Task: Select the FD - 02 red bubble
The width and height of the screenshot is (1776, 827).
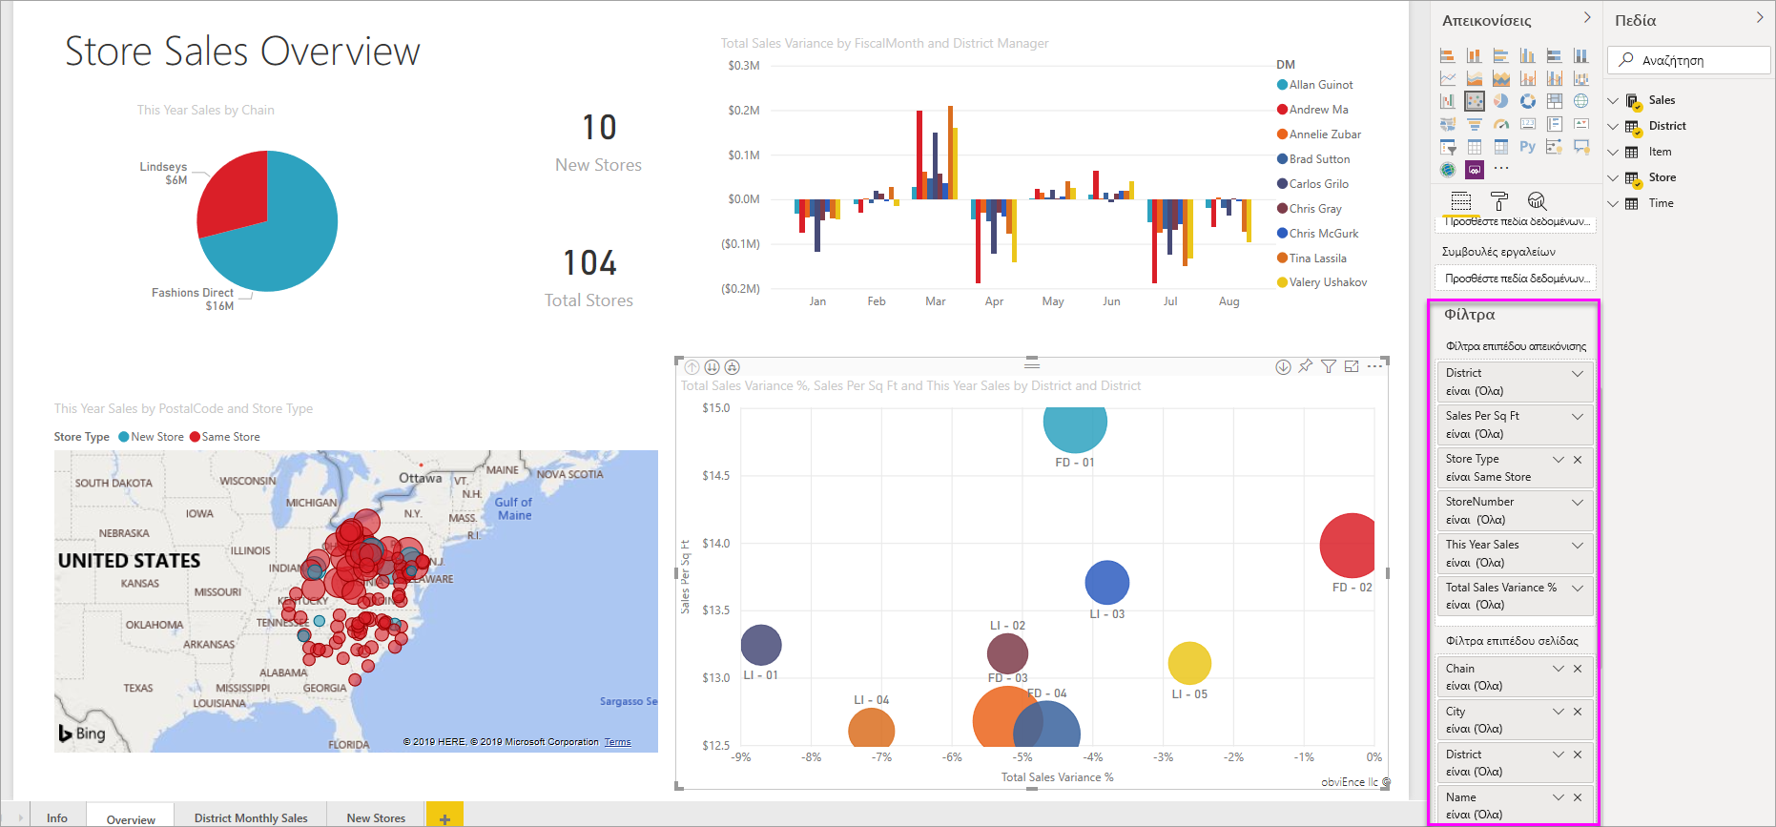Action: point(1349,546)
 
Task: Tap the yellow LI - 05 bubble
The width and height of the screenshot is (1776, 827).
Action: point(1189,663)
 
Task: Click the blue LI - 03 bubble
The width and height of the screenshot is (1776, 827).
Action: point(1107,582)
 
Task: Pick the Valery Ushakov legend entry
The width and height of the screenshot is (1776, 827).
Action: point(1328,282)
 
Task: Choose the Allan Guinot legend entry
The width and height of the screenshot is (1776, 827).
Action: point(1321,85)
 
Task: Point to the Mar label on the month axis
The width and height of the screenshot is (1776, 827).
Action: point(935,301)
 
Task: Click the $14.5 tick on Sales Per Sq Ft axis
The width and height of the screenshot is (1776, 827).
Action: point(715,476)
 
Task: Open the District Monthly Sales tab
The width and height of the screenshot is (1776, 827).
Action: point(251,818)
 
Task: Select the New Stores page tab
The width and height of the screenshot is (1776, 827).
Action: point(376,818)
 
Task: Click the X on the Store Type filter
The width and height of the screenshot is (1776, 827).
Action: point(1578,459)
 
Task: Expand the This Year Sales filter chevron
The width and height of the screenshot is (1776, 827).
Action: point(1578,545)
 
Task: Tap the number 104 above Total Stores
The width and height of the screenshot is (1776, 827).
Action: point(589,263)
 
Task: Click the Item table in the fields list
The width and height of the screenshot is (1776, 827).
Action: point(1660,152)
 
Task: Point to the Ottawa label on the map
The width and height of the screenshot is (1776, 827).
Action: point(420,478)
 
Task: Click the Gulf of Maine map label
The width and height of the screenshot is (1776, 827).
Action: point(514,508)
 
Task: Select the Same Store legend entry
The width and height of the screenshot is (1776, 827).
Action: point(230,437)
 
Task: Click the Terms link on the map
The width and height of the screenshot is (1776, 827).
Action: point(617,742)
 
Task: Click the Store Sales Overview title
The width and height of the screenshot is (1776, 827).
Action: point(242,52)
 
